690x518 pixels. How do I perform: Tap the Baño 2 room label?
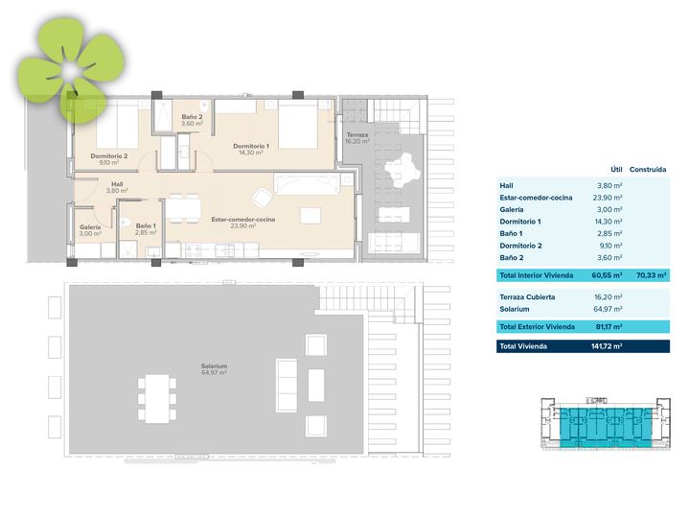(192, 117)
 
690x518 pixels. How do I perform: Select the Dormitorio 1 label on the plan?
(251, 146)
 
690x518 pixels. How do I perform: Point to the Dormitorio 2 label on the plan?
(108, 156)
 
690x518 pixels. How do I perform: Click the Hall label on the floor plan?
(117, 184)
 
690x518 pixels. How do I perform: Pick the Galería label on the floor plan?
(90, 227)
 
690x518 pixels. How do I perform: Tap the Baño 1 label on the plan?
(146, 226)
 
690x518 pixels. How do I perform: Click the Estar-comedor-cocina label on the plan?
(242, 220)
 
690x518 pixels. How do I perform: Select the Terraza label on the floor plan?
(356, 135)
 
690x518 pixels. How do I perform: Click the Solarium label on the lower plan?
(214, 366)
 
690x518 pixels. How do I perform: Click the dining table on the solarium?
(157, 399)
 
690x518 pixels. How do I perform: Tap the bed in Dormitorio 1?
(298, 124)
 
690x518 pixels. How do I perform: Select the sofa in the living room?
(307, 183)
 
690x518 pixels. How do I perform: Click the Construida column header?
(647, 169)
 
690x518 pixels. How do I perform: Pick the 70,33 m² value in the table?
(652, 275)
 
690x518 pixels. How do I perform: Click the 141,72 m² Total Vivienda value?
(607, 346)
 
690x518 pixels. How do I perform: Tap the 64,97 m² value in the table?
(608, 309)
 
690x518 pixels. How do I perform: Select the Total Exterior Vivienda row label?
(537, 327)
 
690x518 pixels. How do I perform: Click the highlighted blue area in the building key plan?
(606, 427)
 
